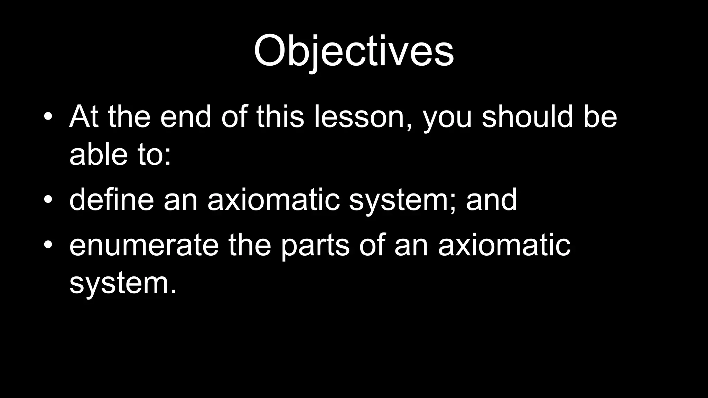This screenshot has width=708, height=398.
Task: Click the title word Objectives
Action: (353, 51)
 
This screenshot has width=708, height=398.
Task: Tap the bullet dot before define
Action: (48, 199)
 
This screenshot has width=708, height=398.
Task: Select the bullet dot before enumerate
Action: (48, 245)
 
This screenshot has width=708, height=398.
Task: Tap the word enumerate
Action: (144, 245)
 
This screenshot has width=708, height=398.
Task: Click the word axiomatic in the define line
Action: (273, 199)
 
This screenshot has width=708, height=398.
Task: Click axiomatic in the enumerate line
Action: (504, 245)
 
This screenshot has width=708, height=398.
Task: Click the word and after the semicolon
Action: (491, 199)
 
